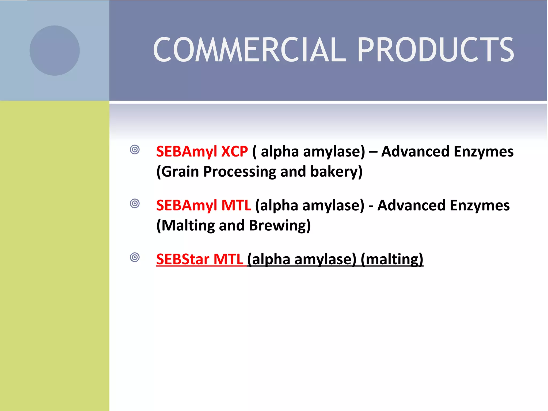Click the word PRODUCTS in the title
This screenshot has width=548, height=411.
click(435, 50)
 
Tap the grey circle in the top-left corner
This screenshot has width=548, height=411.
click(55, 51)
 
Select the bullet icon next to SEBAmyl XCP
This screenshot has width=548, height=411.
click(135, 150)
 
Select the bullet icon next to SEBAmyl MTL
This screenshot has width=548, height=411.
click(135, 204)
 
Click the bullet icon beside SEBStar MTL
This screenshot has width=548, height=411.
click(135, 257)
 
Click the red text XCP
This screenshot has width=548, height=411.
click(235, 151)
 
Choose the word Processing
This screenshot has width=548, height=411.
click(240, 172)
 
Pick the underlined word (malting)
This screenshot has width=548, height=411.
click(392, 259)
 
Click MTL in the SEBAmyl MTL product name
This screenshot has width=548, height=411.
click(236, 205)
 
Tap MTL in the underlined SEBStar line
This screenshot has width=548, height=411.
click(228, 259)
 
